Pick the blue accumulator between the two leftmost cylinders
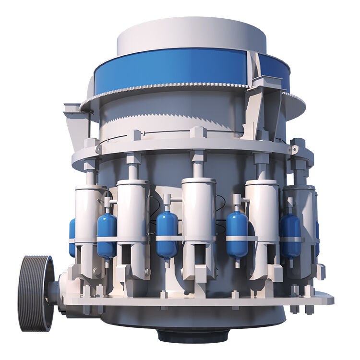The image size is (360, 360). pos(107,233)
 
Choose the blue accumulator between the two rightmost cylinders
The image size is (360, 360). pos(290,232)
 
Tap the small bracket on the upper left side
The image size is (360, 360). pos(72,108)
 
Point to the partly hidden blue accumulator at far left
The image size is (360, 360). pos(72,235)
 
